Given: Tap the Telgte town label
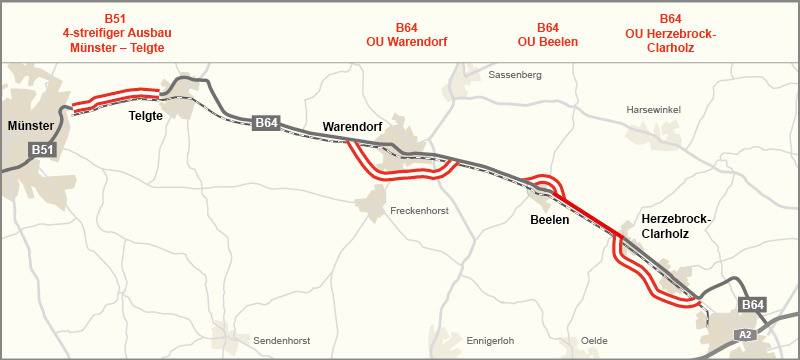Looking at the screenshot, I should click(x=146, y=116).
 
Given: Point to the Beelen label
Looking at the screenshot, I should click(x=549, y=219).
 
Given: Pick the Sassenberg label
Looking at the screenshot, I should click(x=515, y=75).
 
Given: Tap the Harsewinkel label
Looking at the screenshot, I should click(x=651, y=109).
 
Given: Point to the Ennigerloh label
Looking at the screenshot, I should click(x=493, y=340).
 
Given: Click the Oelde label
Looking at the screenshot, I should click(x=593, y=340).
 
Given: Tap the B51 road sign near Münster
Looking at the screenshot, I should click(x=41, y=150).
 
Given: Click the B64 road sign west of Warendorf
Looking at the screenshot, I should click(x=265, y=122).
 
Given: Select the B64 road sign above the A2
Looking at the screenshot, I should click(x=753, y=304).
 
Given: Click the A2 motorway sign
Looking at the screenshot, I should click(x=744, y=334).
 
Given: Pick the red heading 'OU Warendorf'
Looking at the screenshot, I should click(x=406, y=42).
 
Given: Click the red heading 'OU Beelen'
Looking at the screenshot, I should click(x=548, y=42).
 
